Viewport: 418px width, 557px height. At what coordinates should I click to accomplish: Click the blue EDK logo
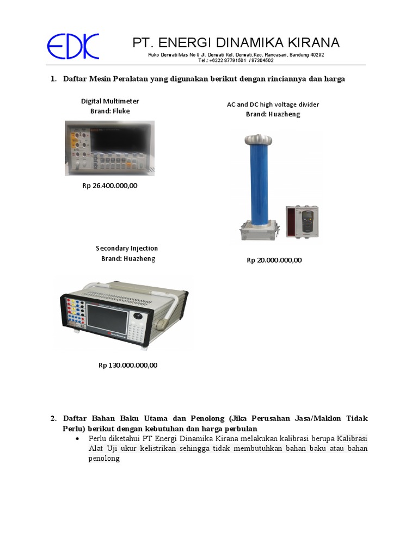[73, 46]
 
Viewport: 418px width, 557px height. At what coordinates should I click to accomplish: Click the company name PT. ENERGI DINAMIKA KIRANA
[236, 42]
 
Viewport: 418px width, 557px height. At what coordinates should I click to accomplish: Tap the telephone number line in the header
[236, 60]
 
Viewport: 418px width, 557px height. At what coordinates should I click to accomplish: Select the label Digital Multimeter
[110, 101]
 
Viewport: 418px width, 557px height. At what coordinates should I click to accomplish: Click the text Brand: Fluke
[110, 111]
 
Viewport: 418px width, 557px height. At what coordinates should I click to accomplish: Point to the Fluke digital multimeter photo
[109, 148]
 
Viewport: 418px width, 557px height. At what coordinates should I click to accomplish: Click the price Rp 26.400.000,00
[110, 185]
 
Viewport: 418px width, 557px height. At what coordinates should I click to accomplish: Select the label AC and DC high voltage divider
[273, 104]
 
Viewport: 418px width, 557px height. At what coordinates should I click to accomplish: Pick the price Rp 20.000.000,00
[274, 260]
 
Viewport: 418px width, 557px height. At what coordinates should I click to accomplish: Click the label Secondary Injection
[127, 249]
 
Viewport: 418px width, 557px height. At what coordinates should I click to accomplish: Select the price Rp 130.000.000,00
[128, 365]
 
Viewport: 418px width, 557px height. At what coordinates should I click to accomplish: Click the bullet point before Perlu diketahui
[79, 438]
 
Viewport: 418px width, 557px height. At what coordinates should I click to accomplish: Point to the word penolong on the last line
[103, 459]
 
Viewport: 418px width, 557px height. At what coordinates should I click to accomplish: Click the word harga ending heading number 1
[334, 79]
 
